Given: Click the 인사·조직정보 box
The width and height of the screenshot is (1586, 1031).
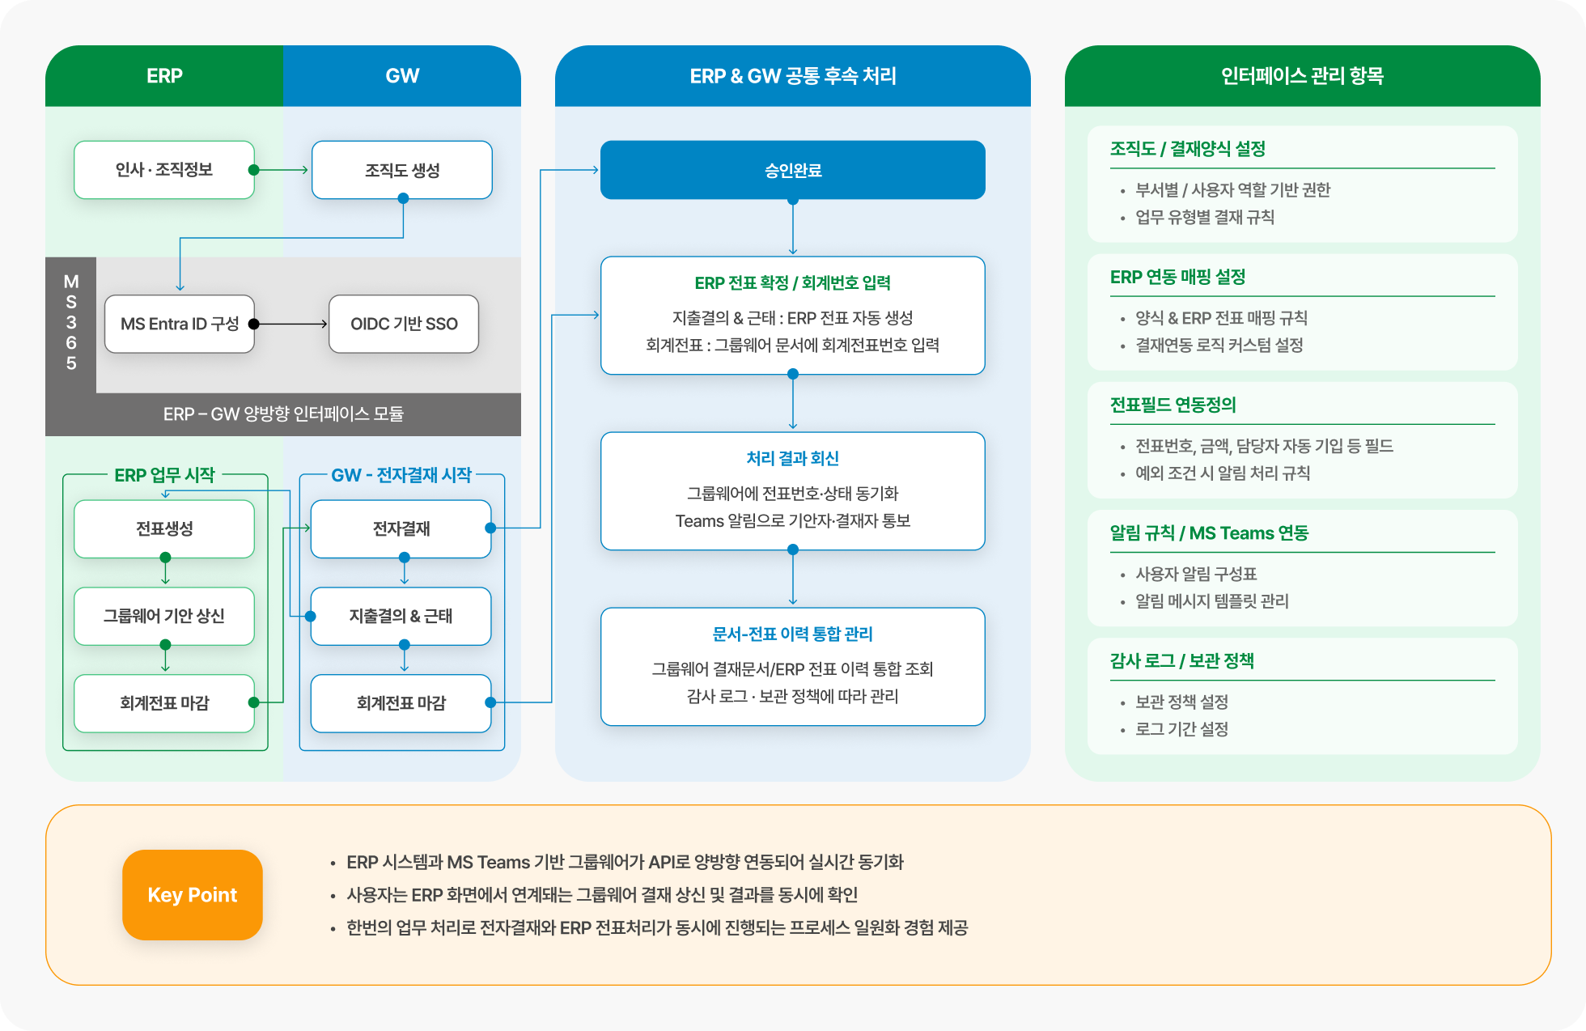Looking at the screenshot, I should click(x=164, y=170).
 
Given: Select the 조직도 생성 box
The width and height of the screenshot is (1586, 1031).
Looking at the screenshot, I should click(x=402, y=170).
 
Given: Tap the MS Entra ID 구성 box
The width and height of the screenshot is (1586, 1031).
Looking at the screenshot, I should click(x=180, y=324).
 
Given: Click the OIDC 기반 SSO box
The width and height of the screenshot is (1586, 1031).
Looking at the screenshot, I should click(x=404, y=324).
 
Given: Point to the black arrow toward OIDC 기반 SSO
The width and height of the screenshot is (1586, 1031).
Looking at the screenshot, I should click(x=291, y=324).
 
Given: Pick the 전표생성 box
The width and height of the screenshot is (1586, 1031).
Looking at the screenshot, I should click(x=164, y=528).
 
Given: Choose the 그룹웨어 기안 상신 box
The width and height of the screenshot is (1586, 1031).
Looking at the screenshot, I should click(x=164, y=616).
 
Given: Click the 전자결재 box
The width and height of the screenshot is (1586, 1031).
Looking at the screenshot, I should click(x=401, y=528).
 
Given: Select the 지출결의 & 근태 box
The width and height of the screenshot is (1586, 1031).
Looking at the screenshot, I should click(x=401, y=616).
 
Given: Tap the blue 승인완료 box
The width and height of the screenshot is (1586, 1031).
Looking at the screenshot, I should click(x=793, y=170).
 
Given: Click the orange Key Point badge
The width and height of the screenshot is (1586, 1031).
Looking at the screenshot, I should click(x=193, y=894).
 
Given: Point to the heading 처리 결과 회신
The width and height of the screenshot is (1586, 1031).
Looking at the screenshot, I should click(x=793, y=459).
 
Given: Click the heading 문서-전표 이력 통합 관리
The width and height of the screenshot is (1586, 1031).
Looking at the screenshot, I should click(x=793, y=634).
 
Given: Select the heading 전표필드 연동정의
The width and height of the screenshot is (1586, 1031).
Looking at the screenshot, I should click(x=1173, y=405).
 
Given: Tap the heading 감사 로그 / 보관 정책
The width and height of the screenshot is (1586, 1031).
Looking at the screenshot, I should click(x=1182, y=661).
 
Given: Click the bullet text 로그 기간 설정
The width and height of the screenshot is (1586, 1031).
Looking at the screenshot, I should click(x=1182, y=729).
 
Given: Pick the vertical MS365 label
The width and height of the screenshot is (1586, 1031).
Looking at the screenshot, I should click(x=71, y=322).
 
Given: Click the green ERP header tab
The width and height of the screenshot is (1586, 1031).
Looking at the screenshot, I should click(x=164, y=76).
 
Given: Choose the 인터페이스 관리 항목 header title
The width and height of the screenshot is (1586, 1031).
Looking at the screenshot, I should click(x=1302, y=76).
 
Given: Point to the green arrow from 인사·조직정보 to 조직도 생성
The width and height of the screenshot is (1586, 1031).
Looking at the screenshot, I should click(x=282, y=170).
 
